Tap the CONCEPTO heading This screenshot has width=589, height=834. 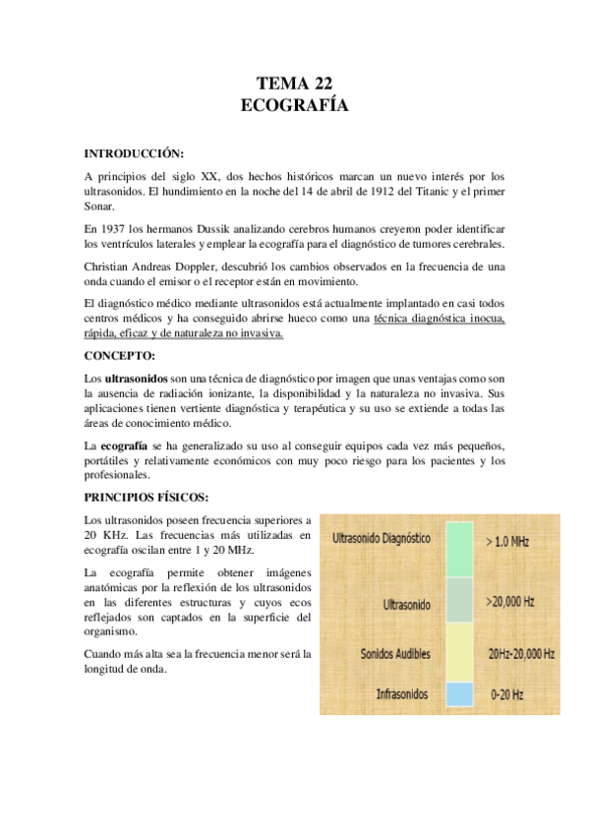[120, 355]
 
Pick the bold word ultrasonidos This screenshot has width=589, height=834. [137, 379]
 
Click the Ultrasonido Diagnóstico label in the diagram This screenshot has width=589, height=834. [383, 539]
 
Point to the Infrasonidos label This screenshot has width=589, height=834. [402, 694]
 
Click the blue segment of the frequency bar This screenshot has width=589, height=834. [459, 693]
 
